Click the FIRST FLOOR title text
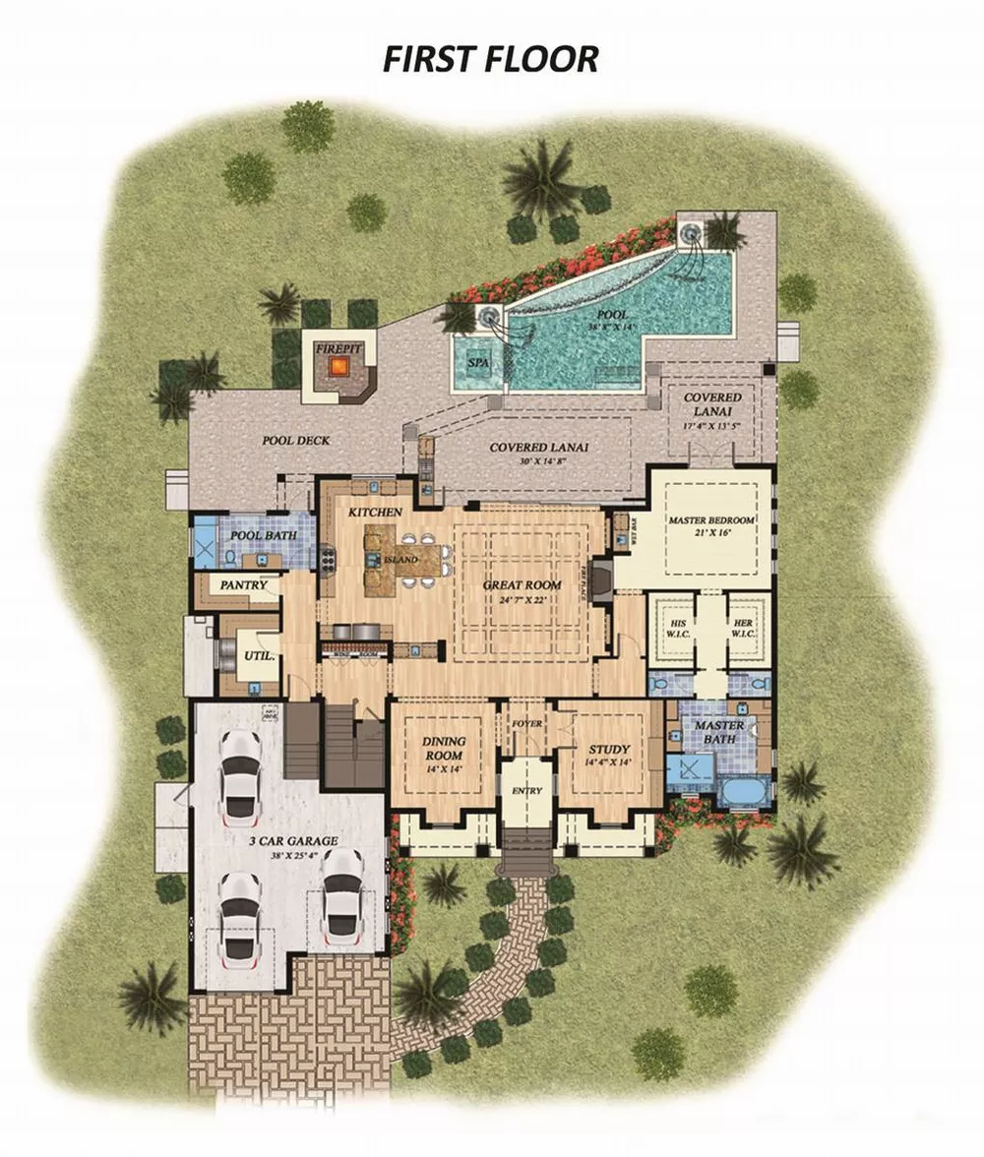(490, 58)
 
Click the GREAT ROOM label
(522, 584)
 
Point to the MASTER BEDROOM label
(711, 519)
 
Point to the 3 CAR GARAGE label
(293, 841)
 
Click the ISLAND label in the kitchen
(401, 559)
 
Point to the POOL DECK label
(295, 440)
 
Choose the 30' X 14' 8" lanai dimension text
(538, 460)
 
